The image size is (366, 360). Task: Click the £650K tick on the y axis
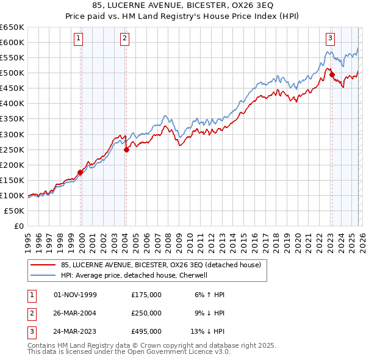[x=12, y=27]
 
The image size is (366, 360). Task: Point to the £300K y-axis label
[x=12, y=134]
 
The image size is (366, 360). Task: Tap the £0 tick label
[x=18, y=226]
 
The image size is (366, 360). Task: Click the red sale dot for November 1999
[x=80, y=172]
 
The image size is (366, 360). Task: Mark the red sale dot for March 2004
[x=126, y=149]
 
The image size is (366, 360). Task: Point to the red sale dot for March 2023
[x=332, y=74]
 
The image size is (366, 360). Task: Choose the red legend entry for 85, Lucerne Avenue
[x=160, y=265]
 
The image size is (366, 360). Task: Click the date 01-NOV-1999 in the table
[x=76, y=295]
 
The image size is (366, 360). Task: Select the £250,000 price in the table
[x=146, y=313]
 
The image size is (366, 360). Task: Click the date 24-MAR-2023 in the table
[x=76, y=331]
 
